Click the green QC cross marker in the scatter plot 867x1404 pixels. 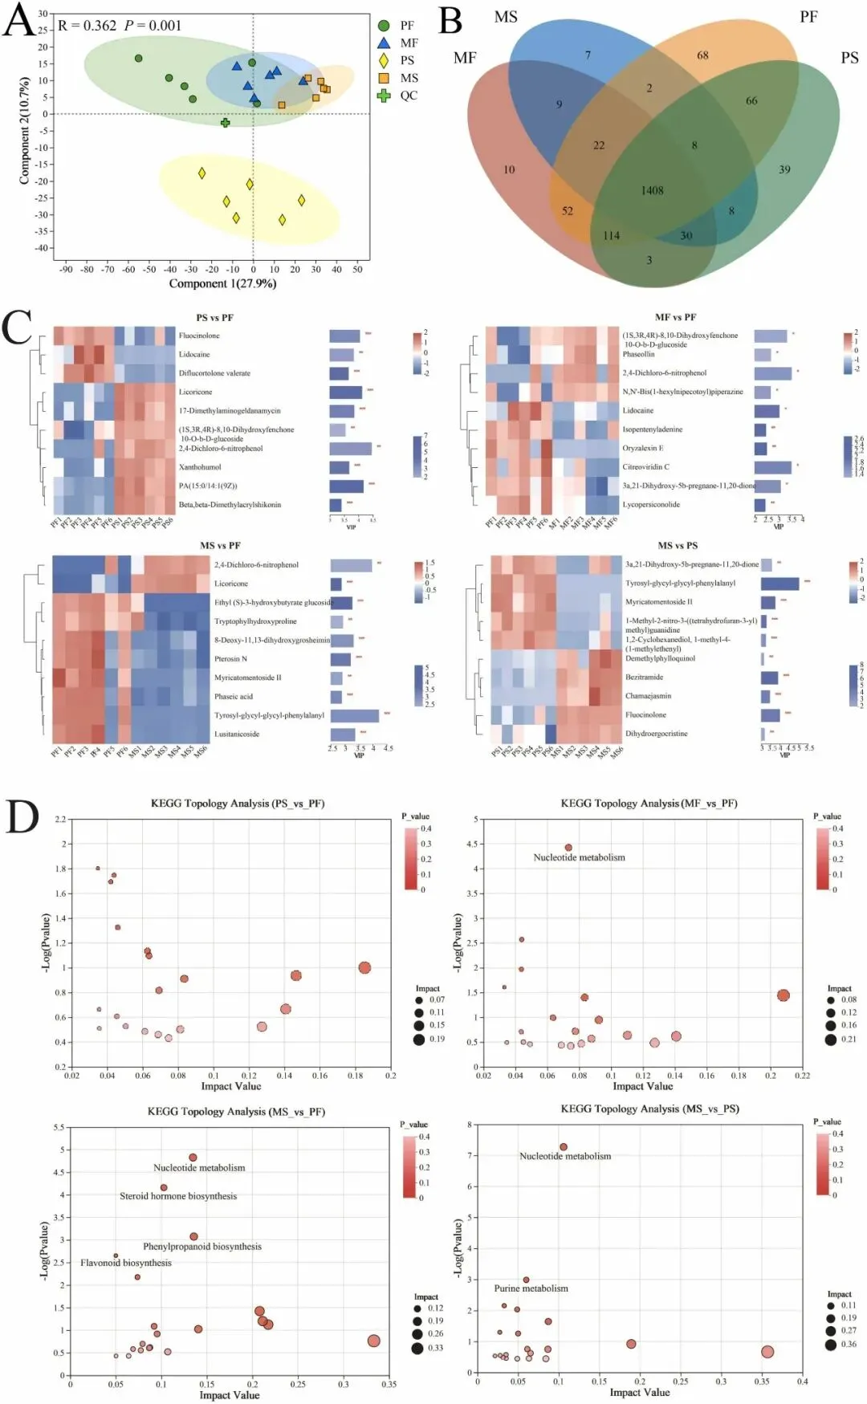coord(226,123)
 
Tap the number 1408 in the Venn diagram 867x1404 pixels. coord(652,191)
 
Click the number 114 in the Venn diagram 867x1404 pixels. coord(612,236)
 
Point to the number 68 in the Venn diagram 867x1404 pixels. coord(702,55)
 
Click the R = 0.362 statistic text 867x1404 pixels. coord(88,26)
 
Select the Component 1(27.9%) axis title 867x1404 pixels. coord(222,283)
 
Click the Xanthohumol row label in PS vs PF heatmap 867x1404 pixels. coord(200,467)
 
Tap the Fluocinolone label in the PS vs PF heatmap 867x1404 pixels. coord(199,336)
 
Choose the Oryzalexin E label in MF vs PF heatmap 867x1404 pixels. coord(642,448)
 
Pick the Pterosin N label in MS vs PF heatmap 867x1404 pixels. coord(230,659)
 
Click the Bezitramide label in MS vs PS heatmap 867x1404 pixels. coord(644,678)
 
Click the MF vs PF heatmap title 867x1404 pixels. coord(675,317)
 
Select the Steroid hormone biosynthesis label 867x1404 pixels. coord(178,1196)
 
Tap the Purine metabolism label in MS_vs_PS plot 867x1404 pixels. coord(531,1288)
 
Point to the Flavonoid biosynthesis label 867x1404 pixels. coord(126,1263)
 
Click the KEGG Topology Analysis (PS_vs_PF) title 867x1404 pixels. coord(238,804)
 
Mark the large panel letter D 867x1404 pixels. coord(22,817)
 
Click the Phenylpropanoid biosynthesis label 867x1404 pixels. coord(202,1247)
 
